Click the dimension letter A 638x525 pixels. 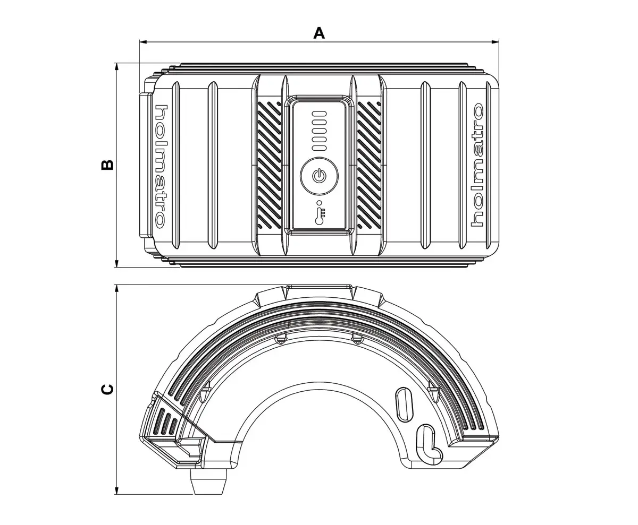[318, 33]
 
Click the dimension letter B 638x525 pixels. [107, 165]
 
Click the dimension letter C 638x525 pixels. [107, 389]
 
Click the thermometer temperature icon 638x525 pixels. [319, 217]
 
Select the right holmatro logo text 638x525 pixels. [477, 166]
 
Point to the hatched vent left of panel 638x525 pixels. [270, 165]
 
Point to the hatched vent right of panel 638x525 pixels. [368, 165]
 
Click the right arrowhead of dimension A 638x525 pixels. [496, 41]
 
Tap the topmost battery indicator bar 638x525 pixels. [318, 114]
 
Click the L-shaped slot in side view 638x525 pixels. [429, 442]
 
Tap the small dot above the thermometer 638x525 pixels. [318, 202]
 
